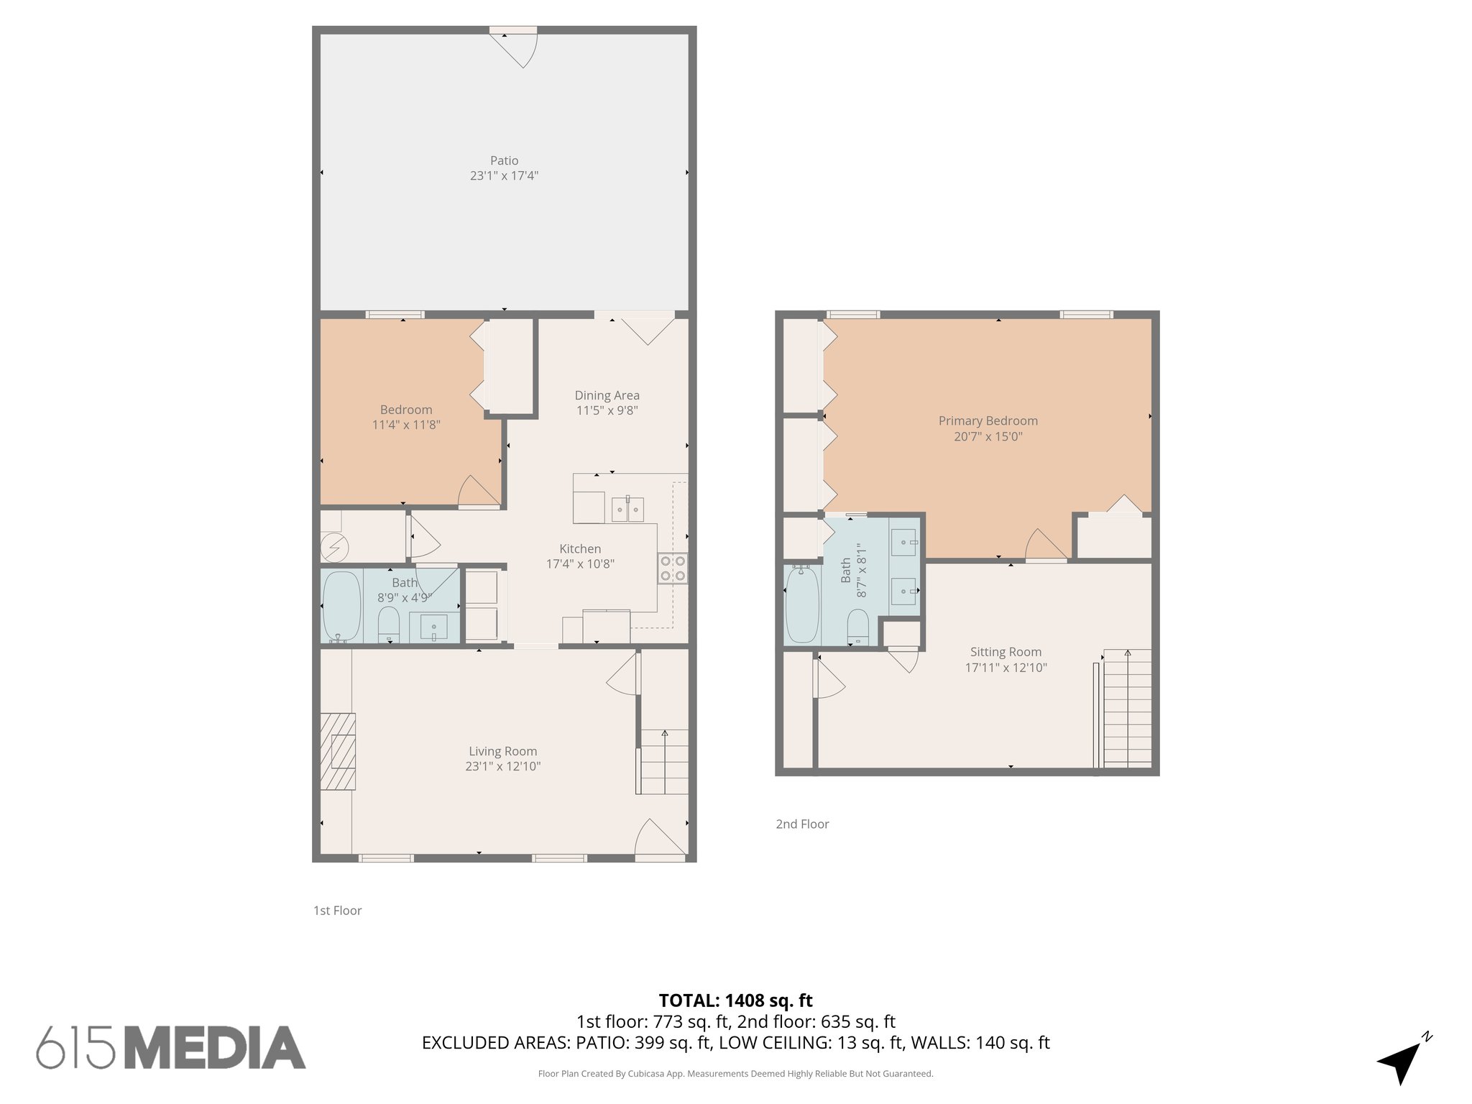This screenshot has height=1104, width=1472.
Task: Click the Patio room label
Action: pyautogui.click(x=504, y=160)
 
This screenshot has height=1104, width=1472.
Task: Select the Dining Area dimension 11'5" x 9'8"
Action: pyautogui.click(x=607, y=411)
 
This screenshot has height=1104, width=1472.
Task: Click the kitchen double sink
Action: pyautogui.click(x=627, y=509)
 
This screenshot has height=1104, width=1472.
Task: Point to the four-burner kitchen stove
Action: pyautogui.click(x=673, y=568)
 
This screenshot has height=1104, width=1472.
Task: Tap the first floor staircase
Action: pyautogui.click(x=663, y=762)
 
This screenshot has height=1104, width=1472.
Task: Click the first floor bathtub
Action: pyautogui.click(x=341, y=606)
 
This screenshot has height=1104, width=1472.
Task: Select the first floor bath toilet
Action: pyautogui.click(x=388, y=623)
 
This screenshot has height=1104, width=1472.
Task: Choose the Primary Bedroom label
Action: pyautogui.click(x=988, y=421)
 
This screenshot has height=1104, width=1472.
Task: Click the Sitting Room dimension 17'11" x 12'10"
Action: pyautogui.click(x=1006, y=668)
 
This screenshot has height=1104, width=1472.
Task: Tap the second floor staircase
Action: pyautogui.click(x=1126, y=708)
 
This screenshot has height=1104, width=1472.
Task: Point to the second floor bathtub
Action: pyautogui.click(x=801, y=604)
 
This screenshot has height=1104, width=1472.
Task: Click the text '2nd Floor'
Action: pyautogui.click(x=802, y=824)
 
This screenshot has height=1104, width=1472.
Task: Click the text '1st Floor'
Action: pyautogui.click(x=337, y=911)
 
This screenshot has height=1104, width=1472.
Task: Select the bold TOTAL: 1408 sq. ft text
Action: pyautogui.click(x=735, y=1000)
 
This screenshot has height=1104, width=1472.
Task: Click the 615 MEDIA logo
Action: pyautogui.click(x=171, y=1047)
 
